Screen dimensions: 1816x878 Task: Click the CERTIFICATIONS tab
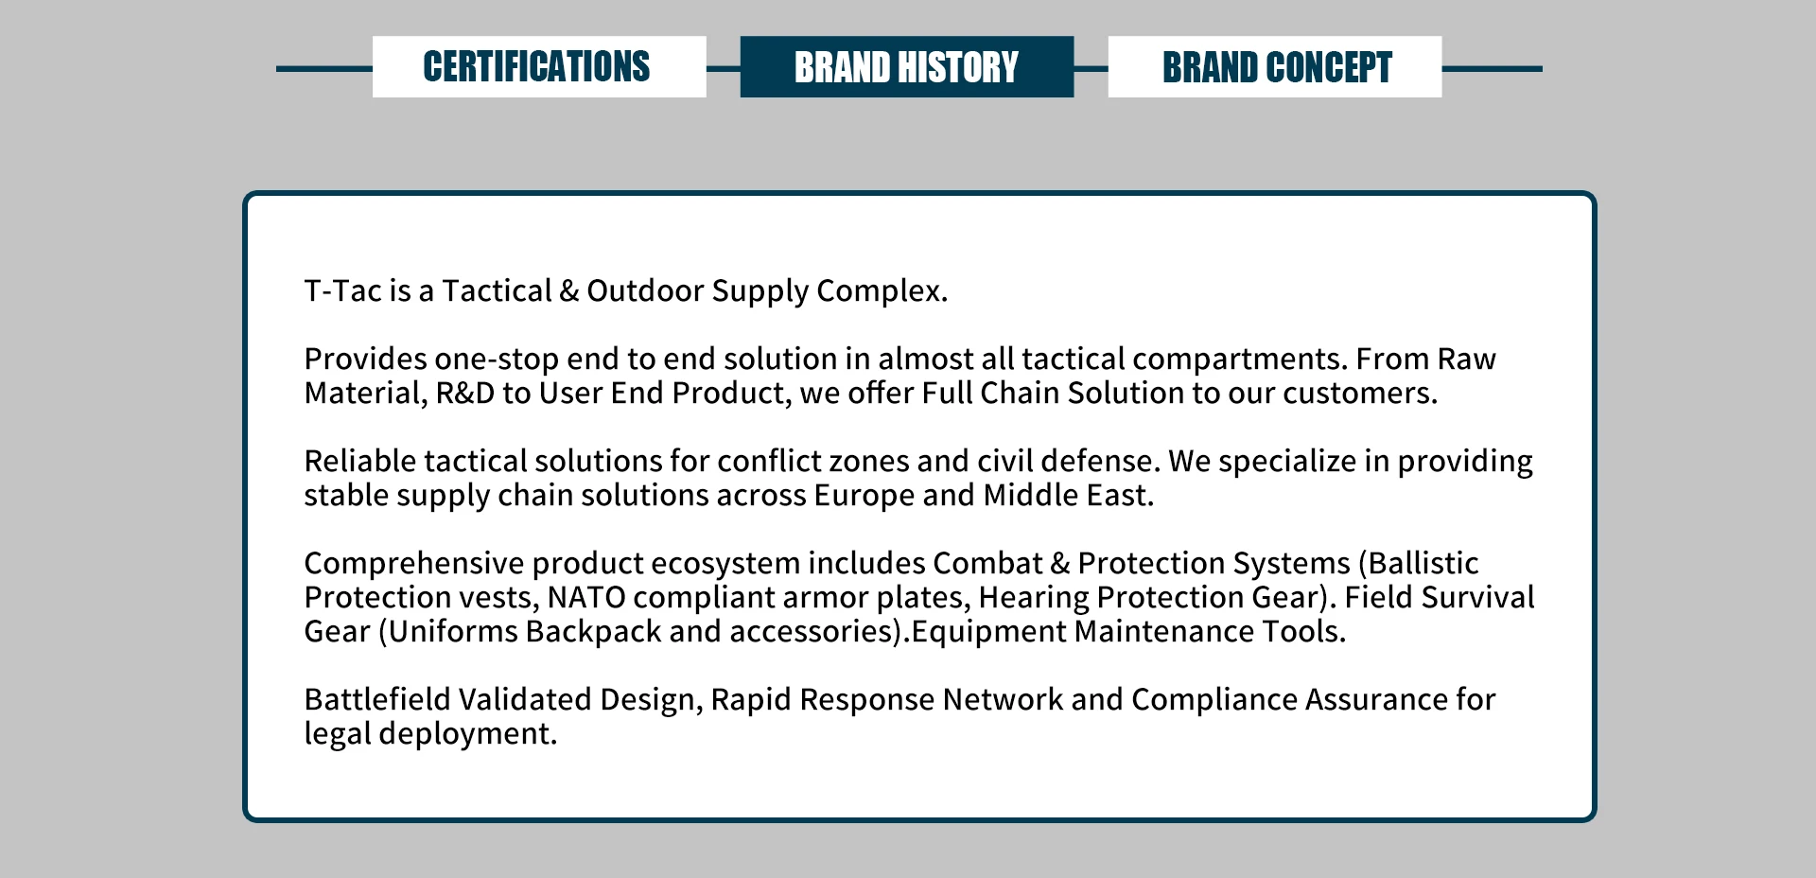point(539,66)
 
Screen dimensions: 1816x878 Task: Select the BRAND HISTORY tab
point(907,66)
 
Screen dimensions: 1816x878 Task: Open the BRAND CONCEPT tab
point(1275,66)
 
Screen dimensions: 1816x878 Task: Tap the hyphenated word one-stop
point(497,360)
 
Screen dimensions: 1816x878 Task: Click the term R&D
point(464,393)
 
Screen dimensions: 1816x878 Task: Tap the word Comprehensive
point(413,563)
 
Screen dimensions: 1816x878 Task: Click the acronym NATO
point(586,597)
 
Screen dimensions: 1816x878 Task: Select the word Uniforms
point(452,631)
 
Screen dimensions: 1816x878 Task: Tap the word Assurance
point(1376,699)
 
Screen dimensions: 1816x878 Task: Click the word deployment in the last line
point(468,734)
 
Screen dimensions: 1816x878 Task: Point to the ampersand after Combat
point(1060,563)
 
